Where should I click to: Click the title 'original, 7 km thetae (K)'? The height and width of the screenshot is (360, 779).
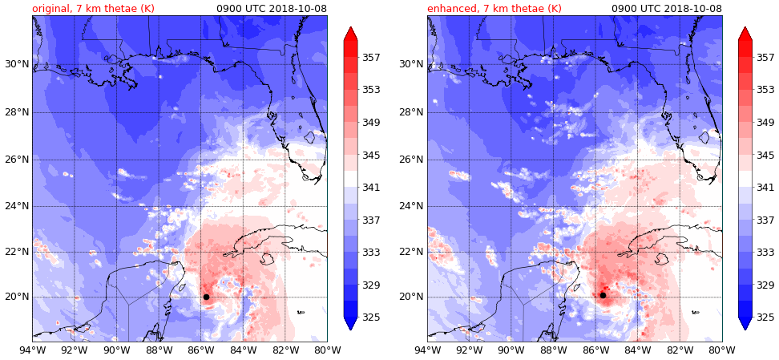pyautogui.click(x=93, y=9)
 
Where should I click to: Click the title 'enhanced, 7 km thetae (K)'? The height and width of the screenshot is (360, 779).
pyautogui.click(x=494, y=9)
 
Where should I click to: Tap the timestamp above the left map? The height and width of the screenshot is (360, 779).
pyautogui.click(x=272, y=9)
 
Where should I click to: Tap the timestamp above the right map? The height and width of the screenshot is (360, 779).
pyautogui.click(x=667, y=9)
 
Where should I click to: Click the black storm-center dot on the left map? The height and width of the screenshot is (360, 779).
pyautogui.click(x=206, y=297)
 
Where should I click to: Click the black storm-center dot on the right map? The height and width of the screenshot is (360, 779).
pyautogui.click(x=603, y=295)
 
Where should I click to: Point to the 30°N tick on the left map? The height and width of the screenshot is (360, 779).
pyautogui.click(x=16, y=64)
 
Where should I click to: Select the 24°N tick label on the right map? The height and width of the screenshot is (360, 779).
pyautogui.click(x=411, y=205)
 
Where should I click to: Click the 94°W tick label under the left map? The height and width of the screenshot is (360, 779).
pyautogui.click(x=32, y=349)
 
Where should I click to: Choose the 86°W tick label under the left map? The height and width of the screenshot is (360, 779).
pyautogui.click(x=200, y=349)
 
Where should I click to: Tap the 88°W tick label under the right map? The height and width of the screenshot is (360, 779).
pyautogui.click(x=553, y=349)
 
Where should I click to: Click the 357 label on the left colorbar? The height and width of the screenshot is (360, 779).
pyautogui.click(x=371, y=58)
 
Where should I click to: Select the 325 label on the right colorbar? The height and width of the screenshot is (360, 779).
pyautogui.click(x=765, y=318)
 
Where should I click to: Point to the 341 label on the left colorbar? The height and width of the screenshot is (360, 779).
pyautogui.click(x=371, y=188)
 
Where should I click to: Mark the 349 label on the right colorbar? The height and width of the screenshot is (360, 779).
pyautogui.click(x=765, y=123)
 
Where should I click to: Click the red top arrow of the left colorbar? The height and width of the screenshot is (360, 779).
pyautogui.click(x=350, y=34)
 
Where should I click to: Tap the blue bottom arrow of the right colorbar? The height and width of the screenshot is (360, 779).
pyautogui.click(x=745, y=323)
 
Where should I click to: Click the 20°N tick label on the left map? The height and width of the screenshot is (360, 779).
pyautogui.click(x=16, y=297)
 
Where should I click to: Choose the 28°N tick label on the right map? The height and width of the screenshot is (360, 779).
pyautogui.click(x=411, y=111)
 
